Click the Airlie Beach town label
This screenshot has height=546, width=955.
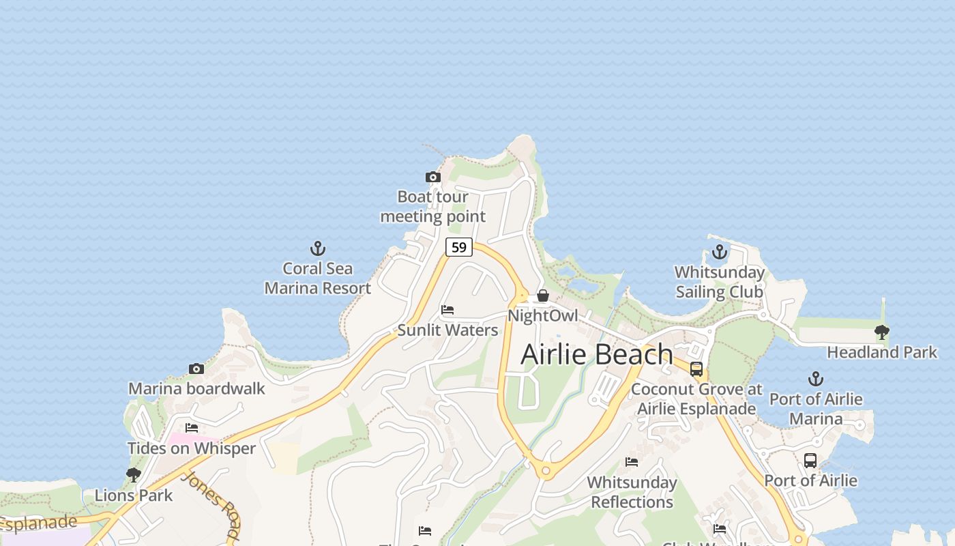pos(597,354)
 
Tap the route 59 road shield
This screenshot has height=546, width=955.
pos(459,247)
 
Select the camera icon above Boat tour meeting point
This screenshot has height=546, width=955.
pos(432,177)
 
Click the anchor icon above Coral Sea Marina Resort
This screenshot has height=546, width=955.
pos(318,248)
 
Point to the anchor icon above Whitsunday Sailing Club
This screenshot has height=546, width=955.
pos(720,253)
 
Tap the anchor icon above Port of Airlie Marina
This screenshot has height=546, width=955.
pos(816,379)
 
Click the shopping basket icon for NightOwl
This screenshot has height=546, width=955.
pos(543,296)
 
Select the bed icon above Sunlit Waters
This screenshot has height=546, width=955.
pos(447,310)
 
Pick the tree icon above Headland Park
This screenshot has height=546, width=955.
pos(882,332)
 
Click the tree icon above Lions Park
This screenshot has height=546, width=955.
pos(134,475)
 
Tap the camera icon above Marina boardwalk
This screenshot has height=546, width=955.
pos(196,369)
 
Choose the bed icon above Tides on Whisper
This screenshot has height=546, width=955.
pos(192,428)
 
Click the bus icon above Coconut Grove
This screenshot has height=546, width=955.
pos(696,369)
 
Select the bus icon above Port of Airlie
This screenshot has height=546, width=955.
pos(810,461)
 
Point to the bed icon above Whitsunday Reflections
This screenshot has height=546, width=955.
pos(632,462)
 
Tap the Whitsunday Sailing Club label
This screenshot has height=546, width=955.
pos(720,282)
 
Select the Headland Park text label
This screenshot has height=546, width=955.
pos(882,352)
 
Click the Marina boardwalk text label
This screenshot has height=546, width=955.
pos(196,389)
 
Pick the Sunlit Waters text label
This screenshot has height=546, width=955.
pos(447,330)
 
